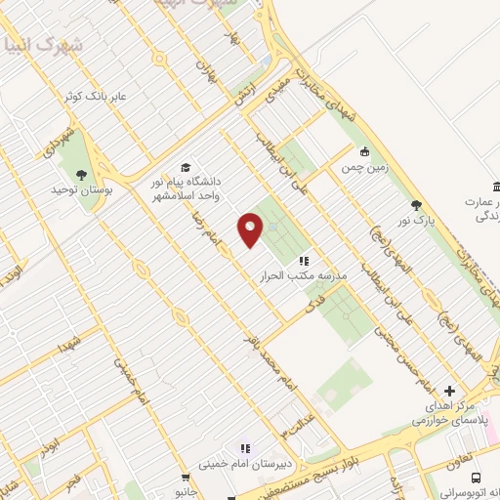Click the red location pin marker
250,229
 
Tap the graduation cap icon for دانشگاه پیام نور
186,168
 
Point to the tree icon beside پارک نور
417,204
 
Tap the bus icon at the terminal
476,478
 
